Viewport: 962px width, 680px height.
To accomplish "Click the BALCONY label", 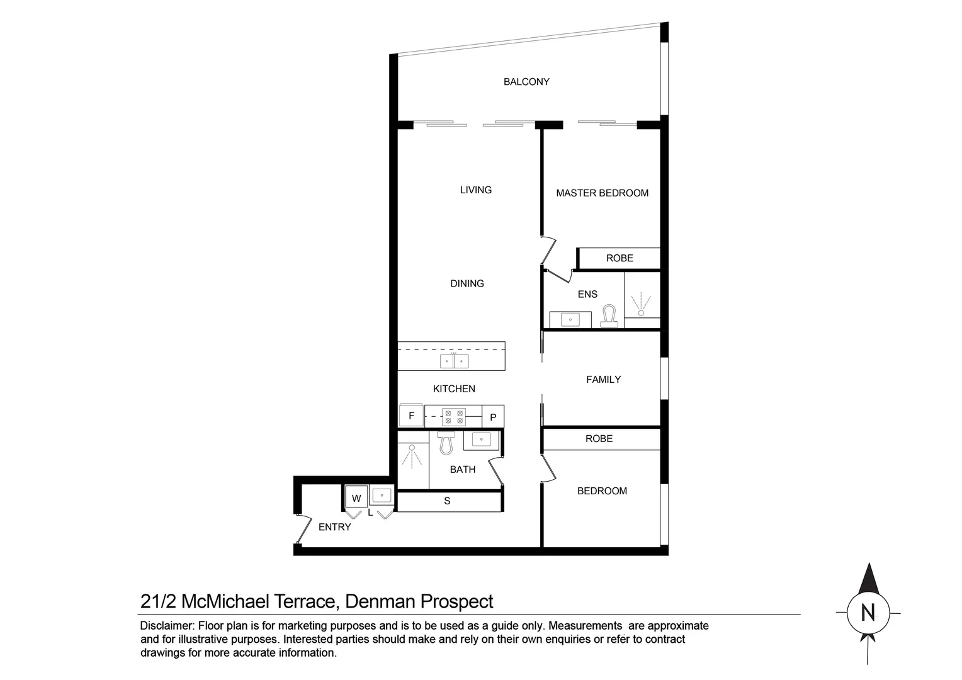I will [x=526, y=82].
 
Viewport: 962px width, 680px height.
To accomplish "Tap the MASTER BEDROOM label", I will [x=602, y=193].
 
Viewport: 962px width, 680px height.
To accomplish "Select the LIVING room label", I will [x=475, y=190].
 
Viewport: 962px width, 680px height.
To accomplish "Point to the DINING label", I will [x=467, y=284].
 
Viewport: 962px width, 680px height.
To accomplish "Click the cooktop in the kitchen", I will [x=454, y=417].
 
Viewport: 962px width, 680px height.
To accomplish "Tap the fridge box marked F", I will [x=411, y=416].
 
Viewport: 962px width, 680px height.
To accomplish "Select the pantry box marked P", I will [x=493, y=417].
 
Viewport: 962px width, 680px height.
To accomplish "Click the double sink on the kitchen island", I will [x=454, y=361].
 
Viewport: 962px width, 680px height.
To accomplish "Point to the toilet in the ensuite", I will [x=609, y=316].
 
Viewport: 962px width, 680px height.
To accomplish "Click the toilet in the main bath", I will [x=446, y=443].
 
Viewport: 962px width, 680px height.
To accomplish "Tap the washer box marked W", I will [x=356, y=498].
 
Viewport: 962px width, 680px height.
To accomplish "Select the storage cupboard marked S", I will [x=448, y=502].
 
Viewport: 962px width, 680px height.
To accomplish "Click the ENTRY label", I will [x=334, y=528].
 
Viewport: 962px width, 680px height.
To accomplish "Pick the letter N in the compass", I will [x=868, y=613].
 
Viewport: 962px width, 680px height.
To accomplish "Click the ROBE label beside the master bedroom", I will [x=620, y=259].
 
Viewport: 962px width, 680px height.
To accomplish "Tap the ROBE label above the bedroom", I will [x=599, y=439].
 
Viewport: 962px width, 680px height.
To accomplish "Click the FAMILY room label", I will [x=603, y=380].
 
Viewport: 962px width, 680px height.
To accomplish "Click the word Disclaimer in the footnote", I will [x=166, y=626].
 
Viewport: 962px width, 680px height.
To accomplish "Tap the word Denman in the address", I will [x=380, y=602].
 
